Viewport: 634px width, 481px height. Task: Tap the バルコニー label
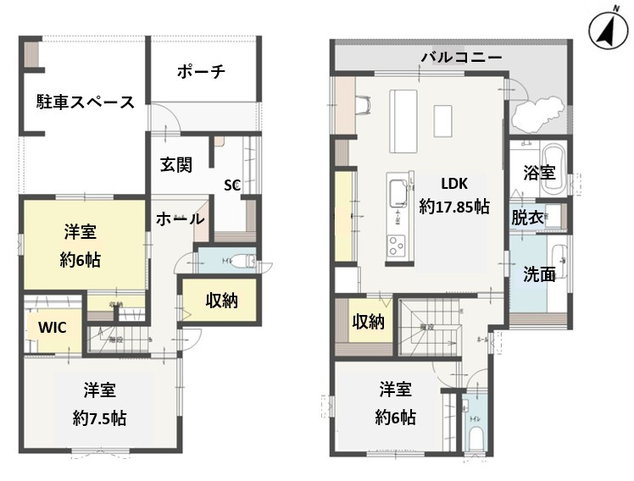click(x=462, y=58)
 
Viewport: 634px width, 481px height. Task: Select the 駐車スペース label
click(x=85, y=103)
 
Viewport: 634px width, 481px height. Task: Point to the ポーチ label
click(x=201, y=72)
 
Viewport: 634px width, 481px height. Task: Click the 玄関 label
click(x=176, y=164)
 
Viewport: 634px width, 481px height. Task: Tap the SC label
click(x=232, y=184)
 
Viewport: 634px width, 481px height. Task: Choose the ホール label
click(x=179, y=218)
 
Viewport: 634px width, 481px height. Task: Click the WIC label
click(x=52, y=326)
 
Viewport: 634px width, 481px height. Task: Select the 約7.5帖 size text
click(x=100, y=417)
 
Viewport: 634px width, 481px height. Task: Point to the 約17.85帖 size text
click(x=454, y=206)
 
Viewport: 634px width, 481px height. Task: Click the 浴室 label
click(x=539, y=173)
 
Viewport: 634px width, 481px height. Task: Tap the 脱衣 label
click(x=527, y=217)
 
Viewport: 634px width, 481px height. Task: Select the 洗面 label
click(x=540, y=274)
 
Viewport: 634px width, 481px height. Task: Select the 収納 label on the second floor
click(x=370, y=321)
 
